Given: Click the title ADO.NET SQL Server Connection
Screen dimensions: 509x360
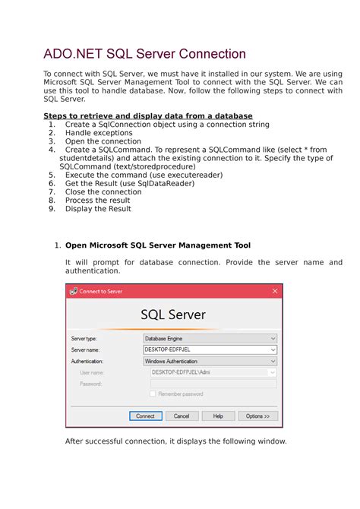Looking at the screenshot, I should coord(144,54).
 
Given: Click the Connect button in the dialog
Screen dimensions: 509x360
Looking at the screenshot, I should coord(145,416).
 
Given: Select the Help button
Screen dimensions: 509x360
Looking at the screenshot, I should coord(218,416).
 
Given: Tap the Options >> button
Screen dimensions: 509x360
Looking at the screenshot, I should coord(257,416).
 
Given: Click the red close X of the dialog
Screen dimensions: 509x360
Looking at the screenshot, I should coord(275,291).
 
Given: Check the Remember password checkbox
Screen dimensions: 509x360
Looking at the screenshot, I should coord(153,394).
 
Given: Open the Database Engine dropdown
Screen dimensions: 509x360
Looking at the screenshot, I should coord(210,339).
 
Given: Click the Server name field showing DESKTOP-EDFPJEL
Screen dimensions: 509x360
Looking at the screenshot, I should coord(210,350).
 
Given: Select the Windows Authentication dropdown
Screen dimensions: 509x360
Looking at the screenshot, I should coord(210,362).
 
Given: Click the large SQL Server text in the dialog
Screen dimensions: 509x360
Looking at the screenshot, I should coord(173,315).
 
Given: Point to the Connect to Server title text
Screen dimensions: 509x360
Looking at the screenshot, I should coord(101,291).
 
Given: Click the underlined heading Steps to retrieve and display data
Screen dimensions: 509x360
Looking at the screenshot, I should coord(147,115).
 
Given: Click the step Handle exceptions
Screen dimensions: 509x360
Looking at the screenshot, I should coord(99,133).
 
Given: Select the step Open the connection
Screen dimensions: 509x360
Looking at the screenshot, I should coord(103,141).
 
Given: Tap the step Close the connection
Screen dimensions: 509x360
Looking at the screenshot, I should coord(103,191).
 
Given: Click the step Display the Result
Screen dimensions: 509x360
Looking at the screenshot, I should coord(98,209).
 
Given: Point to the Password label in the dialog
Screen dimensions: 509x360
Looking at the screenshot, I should coord(90,384).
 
